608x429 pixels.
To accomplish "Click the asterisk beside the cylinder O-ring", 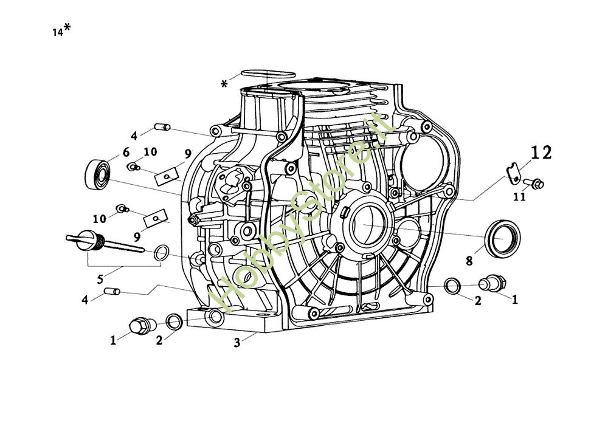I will pyautogui.click(x=225, y=83).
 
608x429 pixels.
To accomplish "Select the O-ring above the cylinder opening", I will pyautogui.click(x=259, y=74).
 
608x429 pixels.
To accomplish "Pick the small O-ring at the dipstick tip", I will pyautogui.click(x=161, y=253).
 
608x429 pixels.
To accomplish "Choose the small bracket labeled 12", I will pyautogui.click(x=514, y=172).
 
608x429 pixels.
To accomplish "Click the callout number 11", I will pyautogui.click(x=519, y=197).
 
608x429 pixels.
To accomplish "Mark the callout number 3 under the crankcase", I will pyautogui.click(x=237, y=343).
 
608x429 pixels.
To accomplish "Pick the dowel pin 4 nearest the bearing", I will pyautogui.click(x=162, y=127).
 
